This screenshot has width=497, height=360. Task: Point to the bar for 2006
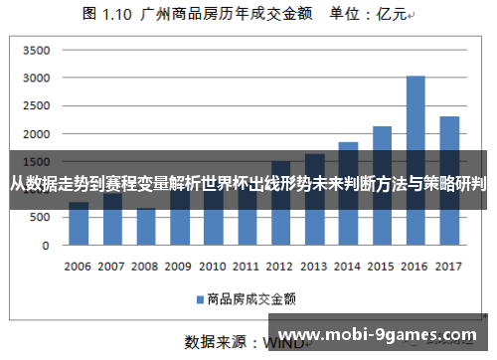[79, 224]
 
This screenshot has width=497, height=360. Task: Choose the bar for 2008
[146, 227]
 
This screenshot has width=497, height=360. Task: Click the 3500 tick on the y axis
[36, 51]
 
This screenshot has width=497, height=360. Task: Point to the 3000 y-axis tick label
[36, 79]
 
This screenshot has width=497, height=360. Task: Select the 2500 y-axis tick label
[36, 106]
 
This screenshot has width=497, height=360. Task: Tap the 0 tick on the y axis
[46, 245]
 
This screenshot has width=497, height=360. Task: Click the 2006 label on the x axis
[79, 267]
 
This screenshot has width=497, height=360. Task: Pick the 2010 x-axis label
[213, 267]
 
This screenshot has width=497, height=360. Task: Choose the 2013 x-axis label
[314, 267]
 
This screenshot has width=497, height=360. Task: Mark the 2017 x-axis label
[449, 267]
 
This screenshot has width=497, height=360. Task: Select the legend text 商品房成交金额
[248, 297]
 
